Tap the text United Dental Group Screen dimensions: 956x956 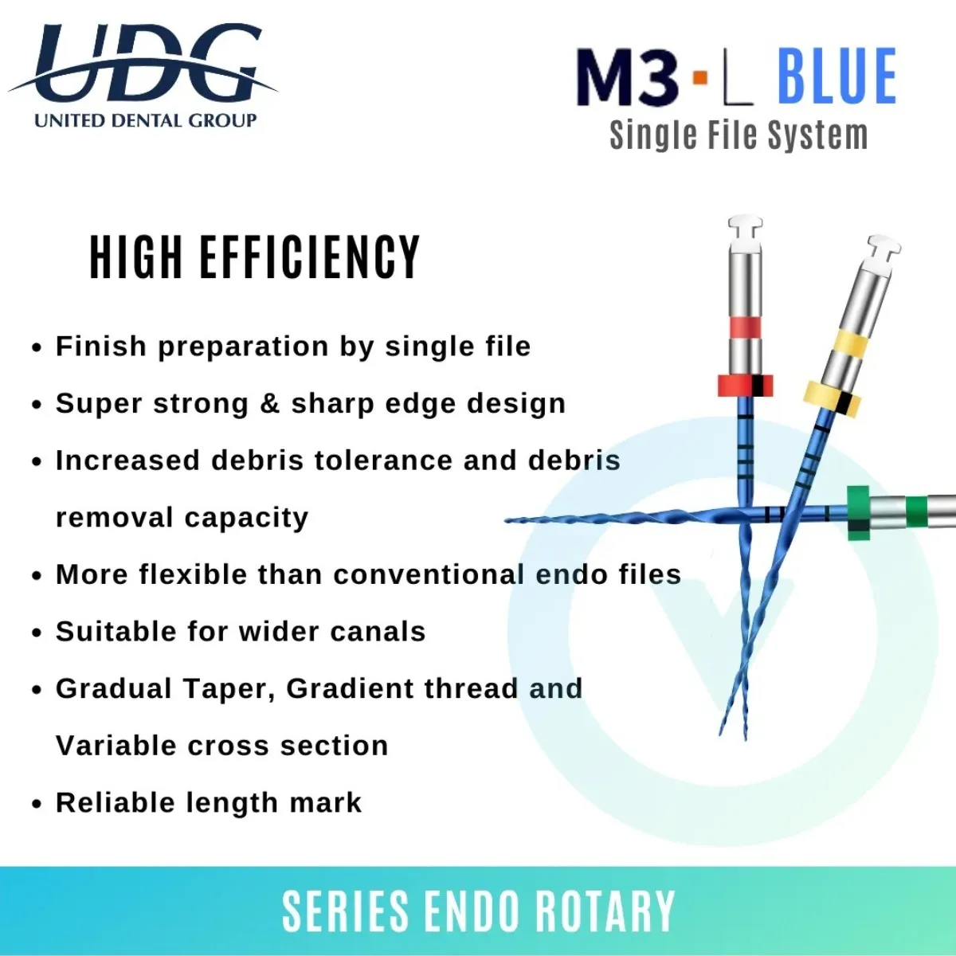145,120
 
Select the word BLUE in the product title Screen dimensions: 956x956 837,76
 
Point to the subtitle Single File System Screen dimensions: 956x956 739,135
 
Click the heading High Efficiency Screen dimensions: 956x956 254,257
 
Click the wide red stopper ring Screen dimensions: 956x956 745,386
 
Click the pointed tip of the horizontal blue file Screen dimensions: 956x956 505,520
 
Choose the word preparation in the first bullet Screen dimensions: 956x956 244,347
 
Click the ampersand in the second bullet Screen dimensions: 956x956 269,403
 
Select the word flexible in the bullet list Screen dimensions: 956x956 193,574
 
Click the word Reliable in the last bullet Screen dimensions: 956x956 116,803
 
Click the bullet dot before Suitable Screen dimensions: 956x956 37,633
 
